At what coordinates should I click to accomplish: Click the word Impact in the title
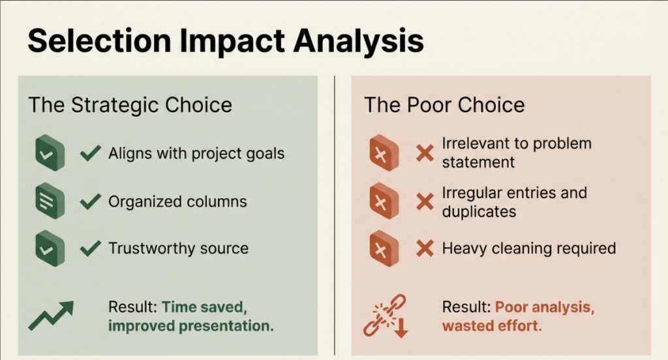(232, 41)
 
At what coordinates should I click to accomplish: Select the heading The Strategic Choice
(130, 105)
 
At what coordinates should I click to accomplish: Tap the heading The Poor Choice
(444, 105)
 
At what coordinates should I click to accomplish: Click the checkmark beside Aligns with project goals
(90, 153)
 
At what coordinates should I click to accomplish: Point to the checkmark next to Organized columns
(90, 202)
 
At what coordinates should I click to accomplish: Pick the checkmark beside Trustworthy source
(90, 248)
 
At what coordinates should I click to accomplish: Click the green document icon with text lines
(50, 201)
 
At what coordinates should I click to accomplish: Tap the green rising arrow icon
(51, 316)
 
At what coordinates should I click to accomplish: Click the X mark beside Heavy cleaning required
(425, 248)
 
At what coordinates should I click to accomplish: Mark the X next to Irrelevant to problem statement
(425, 153)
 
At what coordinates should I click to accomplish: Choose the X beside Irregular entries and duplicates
(425, 202)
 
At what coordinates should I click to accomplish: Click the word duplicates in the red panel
(479, 212)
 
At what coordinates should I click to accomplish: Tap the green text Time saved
(204, 307)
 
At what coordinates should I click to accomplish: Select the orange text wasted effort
(492, 326)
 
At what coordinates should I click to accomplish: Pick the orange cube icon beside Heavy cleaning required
(384, 249)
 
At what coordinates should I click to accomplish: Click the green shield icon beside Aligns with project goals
(50, 153)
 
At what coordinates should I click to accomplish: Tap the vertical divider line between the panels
(335, 215)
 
